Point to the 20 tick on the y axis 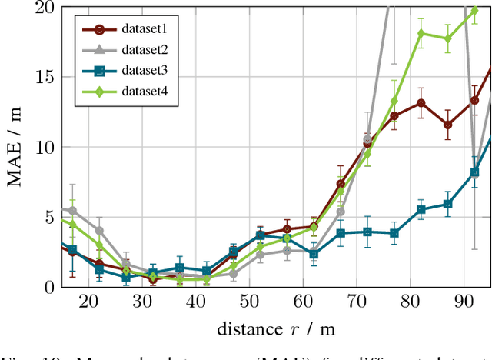[x=45, y=8]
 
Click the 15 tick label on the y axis [x=45, y=78]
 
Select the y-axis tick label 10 [x=45, y=147]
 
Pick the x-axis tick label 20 [x=88, y=302]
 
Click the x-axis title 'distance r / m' [x=275, y=329]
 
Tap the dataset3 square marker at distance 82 [x=421, y=209]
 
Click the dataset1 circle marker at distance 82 [x=421, y=103]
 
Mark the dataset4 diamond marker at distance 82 [x=421, y=33]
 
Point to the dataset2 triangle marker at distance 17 [x=72, y=210]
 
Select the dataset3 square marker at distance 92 [x=474, y=172]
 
